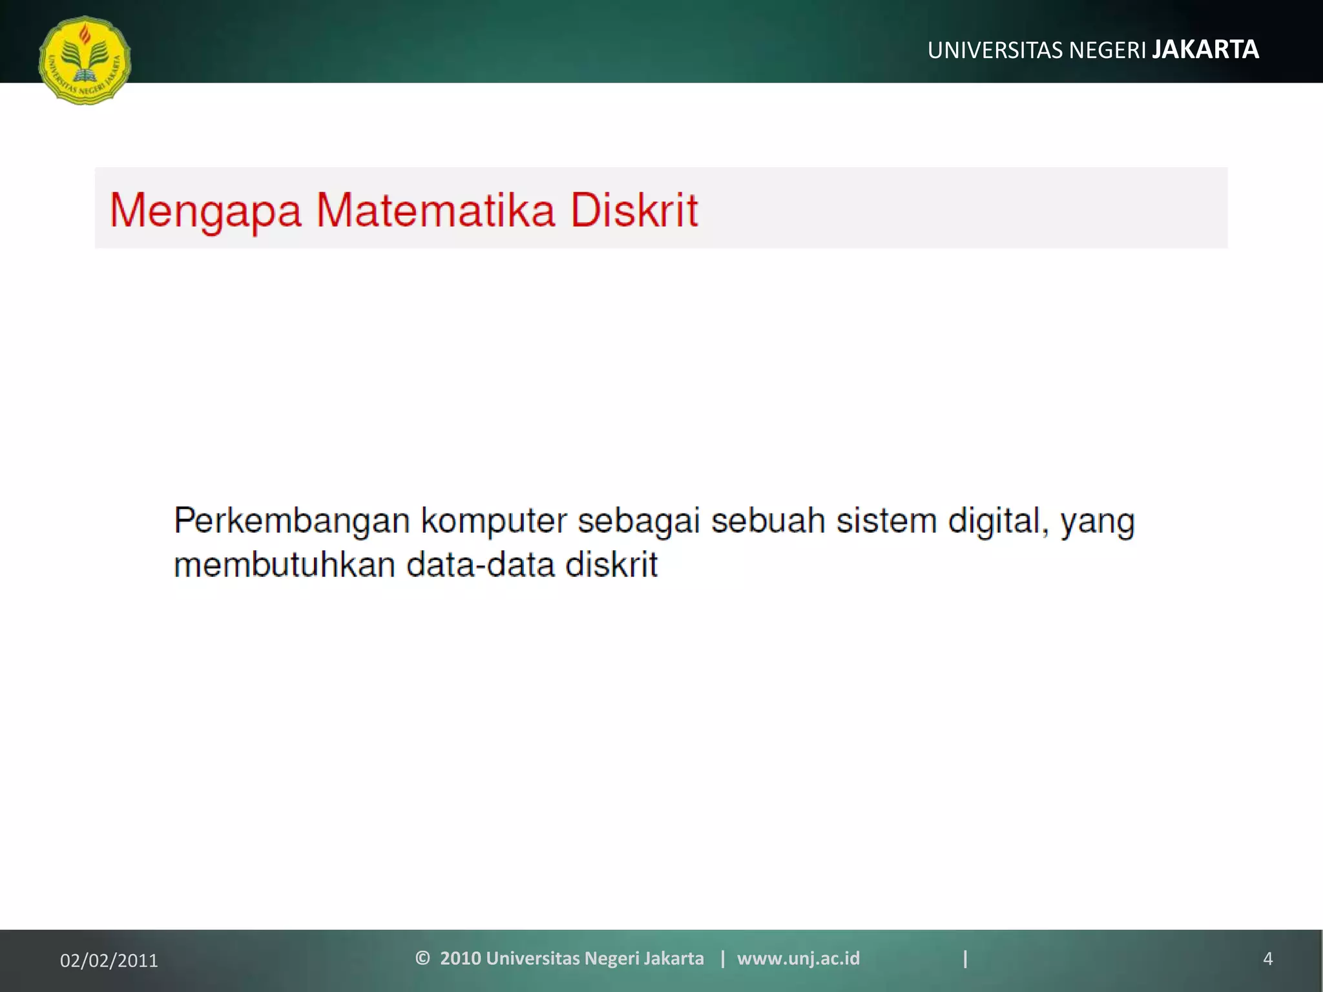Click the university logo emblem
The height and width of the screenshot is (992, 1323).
click(85, 60)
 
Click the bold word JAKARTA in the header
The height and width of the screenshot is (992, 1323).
click(1205, 50)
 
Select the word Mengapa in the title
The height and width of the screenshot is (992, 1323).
click(205, 211)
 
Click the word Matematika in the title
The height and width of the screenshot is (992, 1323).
click(435, 211)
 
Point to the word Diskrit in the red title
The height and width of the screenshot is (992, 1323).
click(634, 211)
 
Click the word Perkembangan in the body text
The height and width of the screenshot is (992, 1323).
click(292, 521)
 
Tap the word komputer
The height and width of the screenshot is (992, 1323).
click(494, 522)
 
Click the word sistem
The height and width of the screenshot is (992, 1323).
click(886, 521)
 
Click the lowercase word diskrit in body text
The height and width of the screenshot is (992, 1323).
click(611, 564)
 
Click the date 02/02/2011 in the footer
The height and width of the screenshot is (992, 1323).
click(109, 960)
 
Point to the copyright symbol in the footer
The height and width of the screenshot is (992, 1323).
click(422, 958)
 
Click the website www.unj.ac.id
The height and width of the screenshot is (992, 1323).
click(798, 958)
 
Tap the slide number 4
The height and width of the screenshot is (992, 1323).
click(1267, 959)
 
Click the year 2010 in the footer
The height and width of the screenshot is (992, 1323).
click(460, 958)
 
